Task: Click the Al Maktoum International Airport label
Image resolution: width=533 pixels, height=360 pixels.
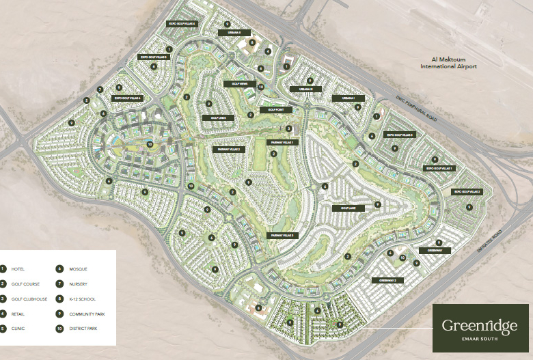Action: point(448,63)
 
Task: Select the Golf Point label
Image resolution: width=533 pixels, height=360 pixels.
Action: point(275,109)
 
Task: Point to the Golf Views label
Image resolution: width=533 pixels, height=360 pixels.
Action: point(239,84)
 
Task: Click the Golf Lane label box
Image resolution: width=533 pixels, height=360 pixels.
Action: point(344,208)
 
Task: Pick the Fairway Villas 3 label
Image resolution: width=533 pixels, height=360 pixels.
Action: point(282,236)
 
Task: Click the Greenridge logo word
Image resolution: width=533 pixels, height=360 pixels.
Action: point(479,327)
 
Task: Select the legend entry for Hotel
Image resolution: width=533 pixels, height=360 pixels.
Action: point(18,269)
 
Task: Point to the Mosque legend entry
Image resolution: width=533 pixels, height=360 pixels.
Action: point(77,269)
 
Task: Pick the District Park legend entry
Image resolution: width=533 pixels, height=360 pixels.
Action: point(83,329)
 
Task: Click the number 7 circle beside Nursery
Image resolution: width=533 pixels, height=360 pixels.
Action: point(60,284)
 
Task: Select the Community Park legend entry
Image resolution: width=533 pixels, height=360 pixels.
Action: point(86,314)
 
